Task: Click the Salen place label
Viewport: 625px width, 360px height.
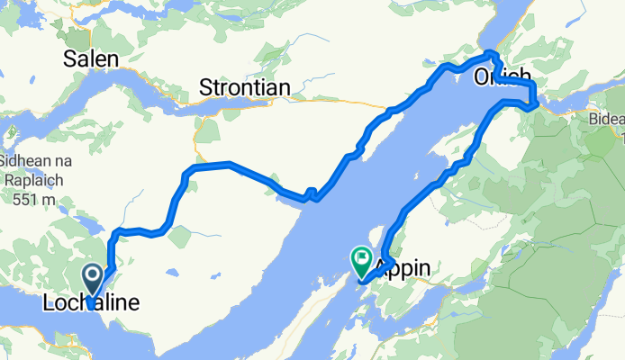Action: pyautogui.click(x=91, y=59)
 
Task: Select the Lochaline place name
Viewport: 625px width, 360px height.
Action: pyautogui.click(x=91, y=305)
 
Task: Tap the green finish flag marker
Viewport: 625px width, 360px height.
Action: pyautogui.click(x=362, y=260)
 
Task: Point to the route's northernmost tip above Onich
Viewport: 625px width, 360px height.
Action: pyautogui.click(x=490, y=53)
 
